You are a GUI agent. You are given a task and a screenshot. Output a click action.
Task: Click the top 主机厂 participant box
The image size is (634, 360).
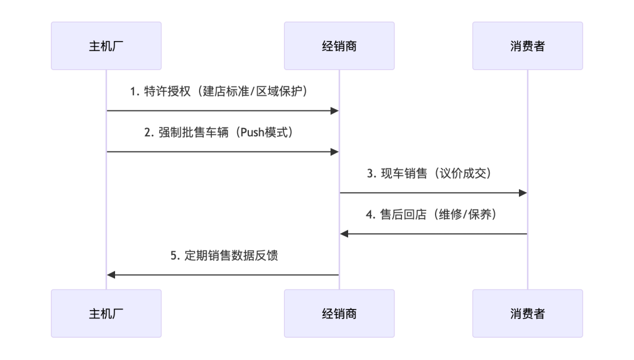tap(106, 46)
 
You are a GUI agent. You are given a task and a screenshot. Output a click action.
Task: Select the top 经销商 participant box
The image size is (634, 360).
tap(339, 46)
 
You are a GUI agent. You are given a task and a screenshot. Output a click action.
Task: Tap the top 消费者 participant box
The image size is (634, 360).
tap(528, 46)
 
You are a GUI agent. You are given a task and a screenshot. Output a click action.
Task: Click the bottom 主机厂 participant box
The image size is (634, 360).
tap(106, 314)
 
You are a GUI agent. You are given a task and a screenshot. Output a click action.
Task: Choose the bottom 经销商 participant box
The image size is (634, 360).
tap(339, 314)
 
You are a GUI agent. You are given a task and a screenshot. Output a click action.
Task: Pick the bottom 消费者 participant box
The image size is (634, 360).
tap(528, 314)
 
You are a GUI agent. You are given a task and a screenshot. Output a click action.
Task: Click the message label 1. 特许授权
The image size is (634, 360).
tap(160, 92)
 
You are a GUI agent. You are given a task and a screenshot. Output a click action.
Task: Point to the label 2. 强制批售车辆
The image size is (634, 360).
tap(187, 132)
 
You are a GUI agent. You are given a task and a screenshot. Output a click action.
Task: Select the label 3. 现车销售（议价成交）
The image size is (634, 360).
tap(429, 173)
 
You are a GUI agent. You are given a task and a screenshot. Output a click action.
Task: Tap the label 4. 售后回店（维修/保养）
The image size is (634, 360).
tap(431, 214)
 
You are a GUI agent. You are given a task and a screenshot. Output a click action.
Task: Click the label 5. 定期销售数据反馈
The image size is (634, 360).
tap(224, 255)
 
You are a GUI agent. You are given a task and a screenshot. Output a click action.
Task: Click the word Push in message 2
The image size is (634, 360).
tap(252, 132)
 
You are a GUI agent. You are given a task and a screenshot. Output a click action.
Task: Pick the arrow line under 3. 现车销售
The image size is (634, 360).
tap(433, 193)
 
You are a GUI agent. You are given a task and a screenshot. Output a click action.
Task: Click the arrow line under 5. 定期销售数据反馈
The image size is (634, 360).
tap(223, 275)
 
